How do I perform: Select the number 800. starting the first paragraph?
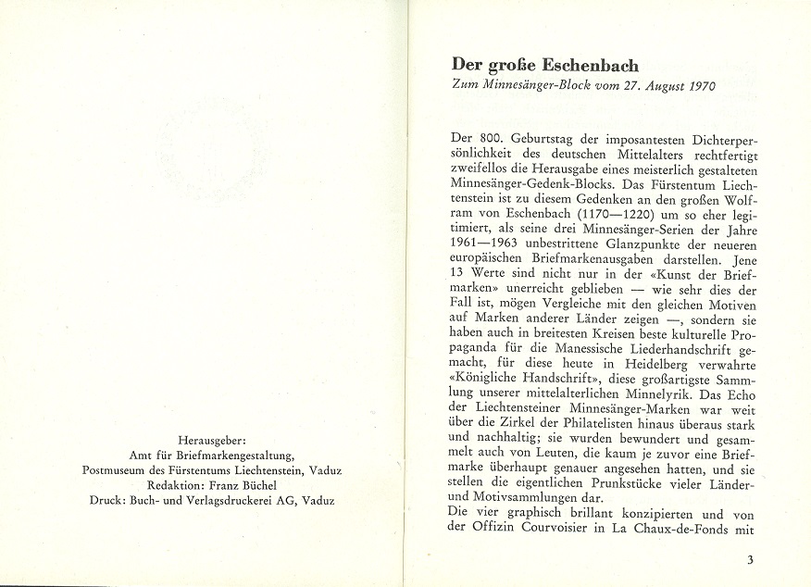click(x=495, y=136)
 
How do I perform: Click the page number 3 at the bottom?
click(x=749, y=559)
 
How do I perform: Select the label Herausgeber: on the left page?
click(x=211, y=441)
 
